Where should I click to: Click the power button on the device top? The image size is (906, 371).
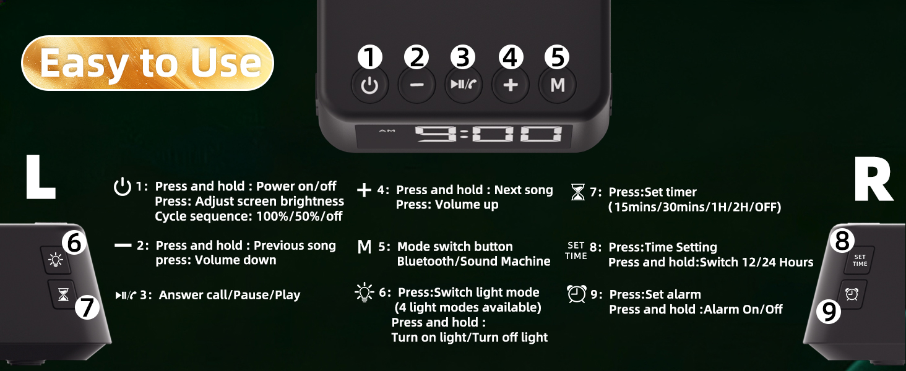point(369,85)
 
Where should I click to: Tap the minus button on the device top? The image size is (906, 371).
point(416,85)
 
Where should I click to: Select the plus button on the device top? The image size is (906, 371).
point(510,85)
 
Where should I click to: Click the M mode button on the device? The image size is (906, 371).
point(557,85)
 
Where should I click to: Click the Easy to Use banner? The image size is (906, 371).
point(148,63)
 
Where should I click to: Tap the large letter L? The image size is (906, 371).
point(40,178)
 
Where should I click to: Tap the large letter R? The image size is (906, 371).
point(873,180)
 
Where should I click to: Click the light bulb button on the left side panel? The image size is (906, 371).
point(56,260)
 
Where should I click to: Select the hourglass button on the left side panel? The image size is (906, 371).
point(63,295)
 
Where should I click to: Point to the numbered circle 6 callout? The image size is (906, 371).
point(74,244)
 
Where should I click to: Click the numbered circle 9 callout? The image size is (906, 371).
point(829,313)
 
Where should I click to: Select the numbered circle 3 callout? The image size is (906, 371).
point(462,58)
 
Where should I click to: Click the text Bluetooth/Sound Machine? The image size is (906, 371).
point(473,262)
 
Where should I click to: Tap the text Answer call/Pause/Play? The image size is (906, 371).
point(229,295)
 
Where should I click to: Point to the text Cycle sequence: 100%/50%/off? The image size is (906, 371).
point(248,216)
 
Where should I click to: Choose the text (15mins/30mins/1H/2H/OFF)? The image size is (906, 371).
point(694,207)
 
